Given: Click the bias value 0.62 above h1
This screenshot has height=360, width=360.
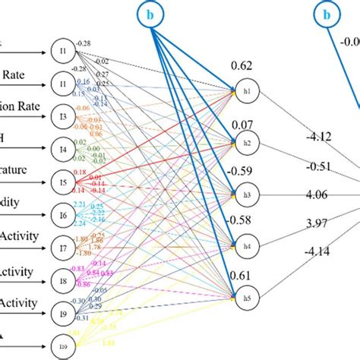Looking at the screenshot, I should point(242,68).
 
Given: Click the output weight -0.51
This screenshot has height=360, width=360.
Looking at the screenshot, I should point(317,166).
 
